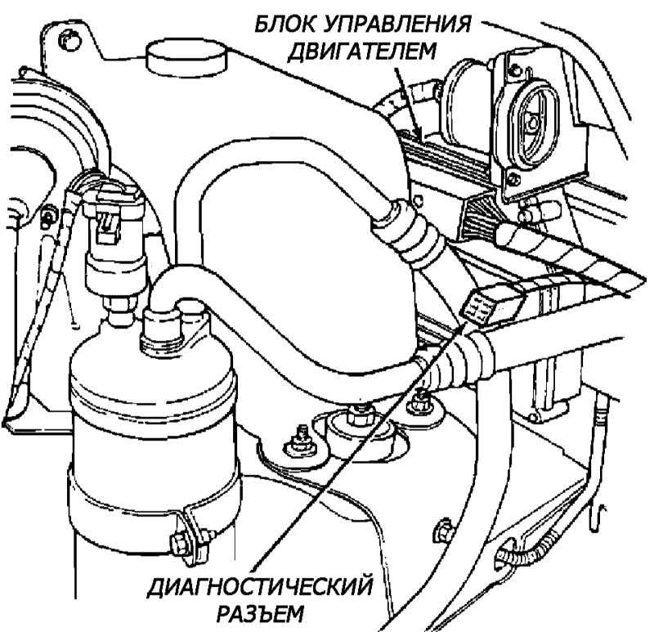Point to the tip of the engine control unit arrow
pos(418,135)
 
